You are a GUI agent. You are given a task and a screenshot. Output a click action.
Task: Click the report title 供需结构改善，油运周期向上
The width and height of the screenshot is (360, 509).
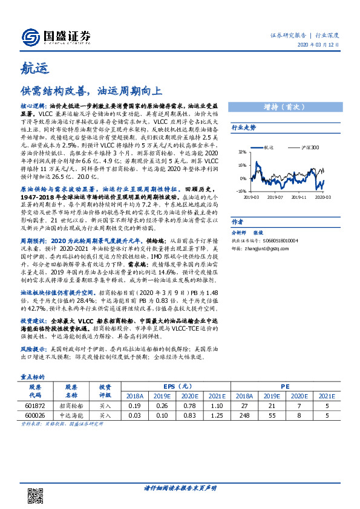(x=92, y=91)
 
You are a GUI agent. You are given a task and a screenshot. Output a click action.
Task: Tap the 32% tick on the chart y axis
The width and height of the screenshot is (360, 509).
(x=242, y=152)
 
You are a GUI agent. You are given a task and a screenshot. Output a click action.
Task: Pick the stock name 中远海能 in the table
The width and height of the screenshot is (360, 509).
(x=71, y=416)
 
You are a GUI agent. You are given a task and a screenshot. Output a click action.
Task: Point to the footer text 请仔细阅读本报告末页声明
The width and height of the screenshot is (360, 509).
(x=180, y=487)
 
